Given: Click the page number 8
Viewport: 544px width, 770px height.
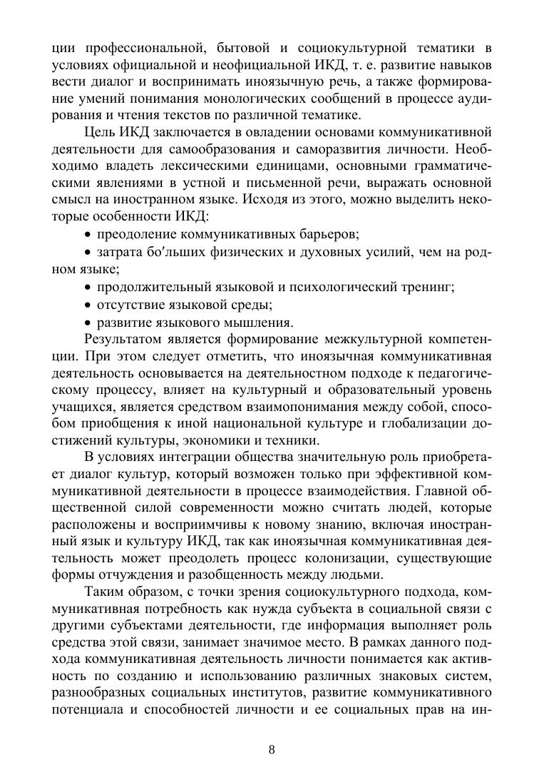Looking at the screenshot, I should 272,749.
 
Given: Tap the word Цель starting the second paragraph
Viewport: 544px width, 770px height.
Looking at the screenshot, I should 100,132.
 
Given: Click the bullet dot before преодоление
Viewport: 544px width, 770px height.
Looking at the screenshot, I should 88,235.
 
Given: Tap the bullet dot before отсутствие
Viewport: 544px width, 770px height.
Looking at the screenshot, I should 88,305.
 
